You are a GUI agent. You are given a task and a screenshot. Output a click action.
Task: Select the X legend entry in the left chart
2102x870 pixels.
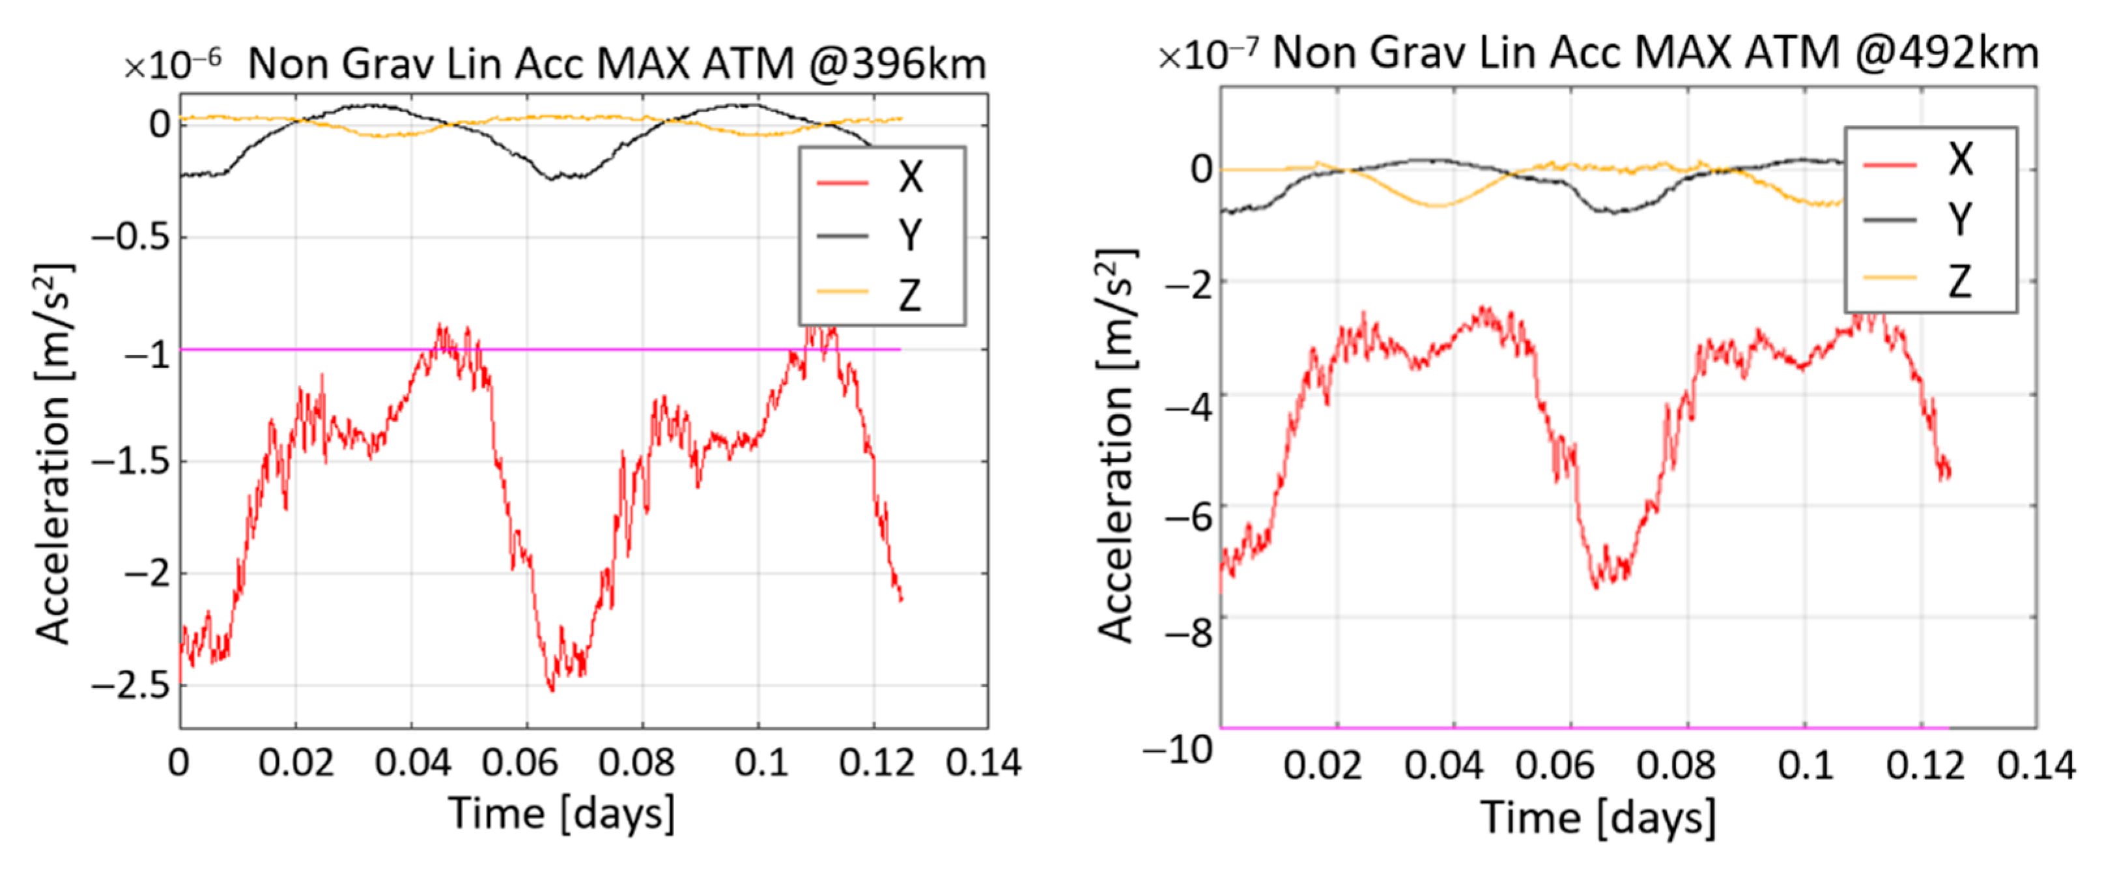tap(909, 177)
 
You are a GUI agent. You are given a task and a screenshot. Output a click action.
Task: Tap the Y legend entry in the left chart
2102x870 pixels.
tap(909, 236)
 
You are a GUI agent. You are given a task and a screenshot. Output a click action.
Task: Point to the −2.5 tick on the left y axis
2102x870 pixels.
tap(130, 686)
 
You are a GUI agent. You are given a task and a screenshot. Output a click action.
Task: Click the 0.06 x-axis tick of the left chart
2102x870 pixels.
tap(520, 763)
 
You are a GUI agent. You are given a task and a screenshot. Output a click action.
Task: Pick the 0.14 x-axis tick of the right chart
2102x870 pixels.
tap(2035, 766)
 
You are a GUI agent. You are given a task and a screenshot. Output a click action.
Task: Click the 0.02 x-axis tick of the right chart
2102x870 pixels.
tap(1322, 766)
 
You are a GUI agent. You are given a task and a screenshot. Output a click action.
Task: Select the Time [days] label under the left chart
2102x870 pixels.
tap(561, 814)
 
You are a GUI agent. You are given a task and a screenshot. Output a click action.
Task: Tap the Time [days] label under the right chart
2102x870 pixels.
tap(1598, 817)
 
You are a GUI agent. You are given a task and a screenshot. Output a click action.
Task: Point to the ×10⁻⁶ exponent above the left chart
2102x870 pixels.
tap(171, 65)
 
